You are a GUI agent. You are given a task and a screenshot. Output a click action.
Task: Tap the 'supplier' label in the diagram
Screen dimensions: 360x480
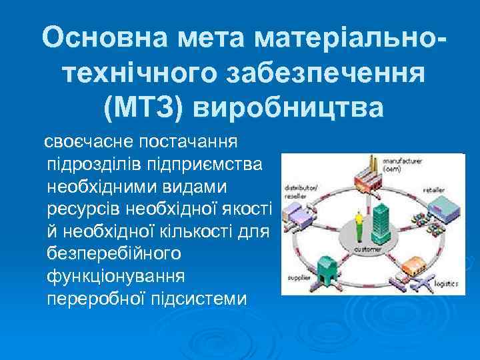coord(298,277)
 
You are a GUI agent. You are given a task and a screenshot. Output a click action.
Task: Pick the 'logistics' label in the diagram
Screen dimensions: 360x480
coord(445,285)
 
